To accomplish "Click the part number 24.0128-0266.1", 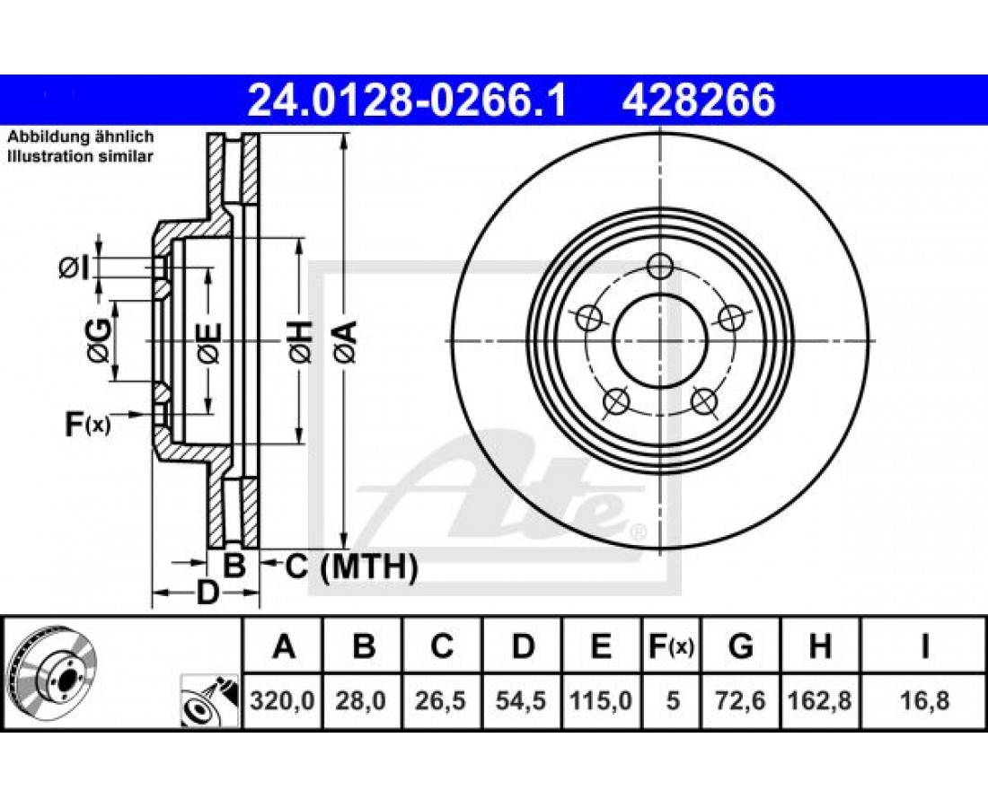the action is click(x=407, y=101).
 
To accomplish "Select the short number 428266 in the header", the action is click(x=699, y=101).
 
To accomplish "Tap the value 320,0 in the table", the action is click(x=282, y=700).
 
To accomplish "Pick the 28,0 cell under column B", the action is click(x=361, y=700).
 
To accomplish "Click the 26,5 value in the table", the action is click(x=441, y=700).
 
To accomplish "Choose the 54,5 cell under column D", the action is click(x=521, y=700).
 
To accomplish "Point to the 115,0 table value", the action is click(x=601, y=700).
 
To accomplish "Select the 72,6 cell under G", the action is click(x=740, y=700).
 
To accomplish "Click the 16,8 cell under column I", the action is click(x=923, y=700).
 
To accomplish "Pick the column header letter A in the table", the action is click(x=284, y=646).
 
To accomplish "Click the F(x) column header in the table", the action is click(x=671, y=646).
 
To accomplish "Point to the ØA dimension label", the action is click(x=346, y=341).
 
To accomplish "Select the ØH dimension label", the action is click(x=301, y=341).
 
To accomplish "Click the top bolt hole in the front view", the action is click(x=660, y=267).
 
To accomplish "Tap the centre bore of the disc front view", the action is click(x=660, y=341).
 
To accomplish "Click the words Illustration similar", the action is click(x=80, y=156).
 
